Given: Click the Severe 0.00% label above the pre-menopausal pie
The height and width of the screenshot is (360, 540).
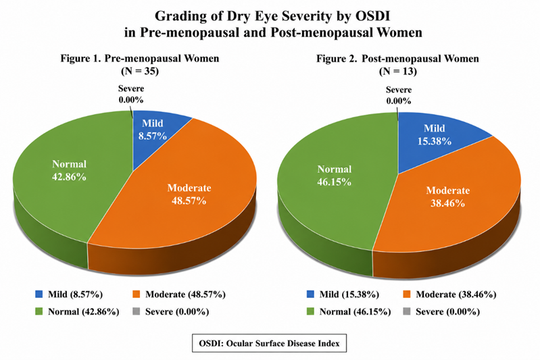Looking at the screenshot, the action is [x=131, y=95].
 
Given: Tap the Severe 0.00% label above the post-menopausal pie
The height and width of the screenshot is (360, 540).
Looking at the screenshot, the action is [x=399, y=95].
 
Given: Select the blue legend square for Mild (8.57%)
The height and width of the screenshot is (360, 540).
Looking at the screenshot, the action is [x=39, y=294].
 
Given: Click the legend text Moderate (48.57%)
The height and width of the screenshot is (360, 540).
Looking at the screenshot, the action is [x=185, y=294].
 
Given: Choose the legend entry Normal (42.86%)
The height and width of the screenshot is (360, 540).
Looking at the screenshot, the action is [x=77, y=312].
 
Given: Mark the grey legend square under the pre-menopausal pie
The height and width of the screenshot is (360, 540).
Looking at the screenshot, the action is [x=136, y=311].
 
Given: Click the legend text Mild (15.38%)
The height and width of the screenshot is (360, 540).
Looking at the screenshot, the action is [x=349, y=294].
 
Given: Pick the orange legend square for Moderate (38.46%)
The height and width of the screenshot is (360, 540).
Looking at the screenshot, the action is [x=407, y=294].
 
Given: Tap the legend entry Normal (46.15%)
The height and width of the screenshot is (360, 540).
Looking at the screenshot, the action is [x=349, y=312].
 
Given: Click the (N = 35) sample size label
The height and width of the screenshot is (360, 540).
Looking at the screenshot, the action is [x=140, y=71].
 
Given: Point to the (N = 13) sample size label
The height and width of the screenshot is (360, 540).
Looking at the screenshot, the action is [x=398, y=71].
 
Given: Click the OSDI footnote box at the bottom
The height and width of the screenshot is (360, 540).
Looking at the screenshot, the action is [x=269, y=343].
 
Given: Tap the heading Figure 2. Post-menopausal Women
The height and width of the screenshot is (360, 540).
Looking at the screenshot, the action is [x=398, y=59].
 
